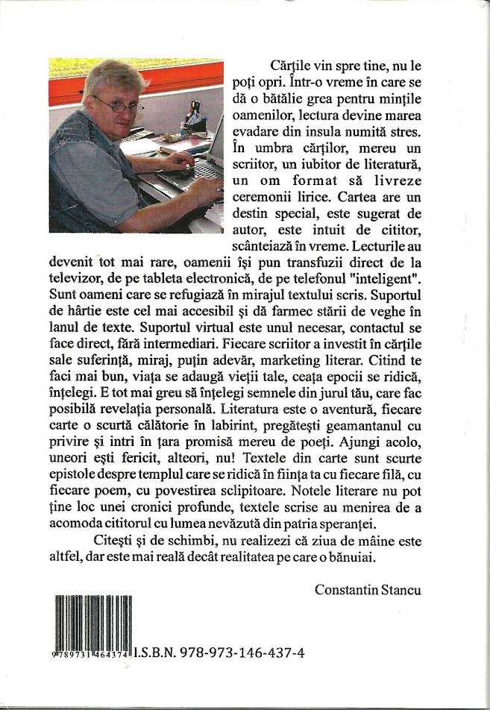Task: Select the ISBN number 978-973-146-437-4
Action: click(x=239, y=652)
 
